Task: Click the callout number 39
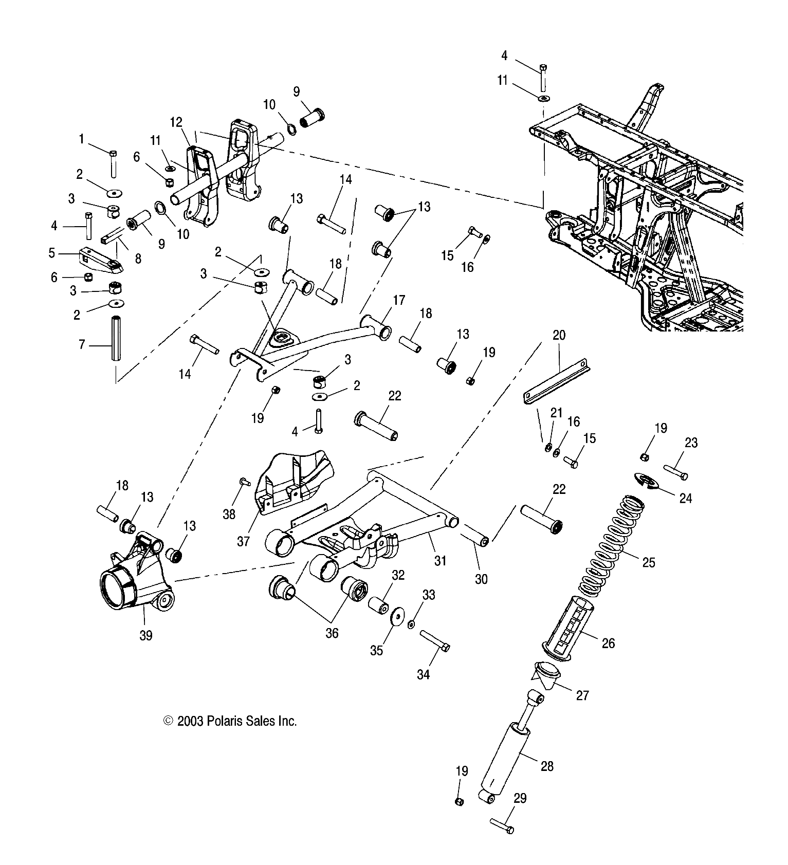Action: coord(146,635)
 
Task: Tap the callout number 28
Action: coord(547,766)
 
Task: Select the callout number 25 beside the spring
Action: coord(649,562)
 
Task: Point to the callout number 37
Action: coord(243,541)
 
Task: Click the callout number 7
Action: coord(82,344)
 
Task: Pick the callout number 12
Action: coord(176,122)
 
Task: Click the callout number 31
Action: coord(440,561)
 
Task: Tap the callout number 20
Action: coord(559,336)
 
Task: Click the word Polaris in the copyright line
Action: coord(224,721)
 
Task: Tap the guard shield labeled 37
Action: coord(290,481)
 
